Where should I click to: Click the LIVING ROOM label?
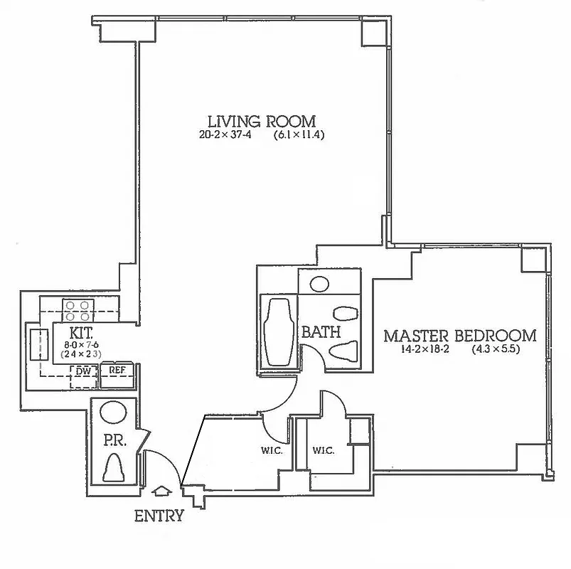tap(261, 121)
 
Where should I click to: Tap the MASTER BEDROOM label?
tap(460, 335)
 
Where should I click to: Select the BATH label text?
tap(321, 332)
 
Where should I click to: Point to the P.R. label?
tap(114, 441)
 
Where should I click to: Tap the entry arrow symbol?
tap(162, 491)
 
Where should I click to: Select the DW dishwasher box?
tap(83, 370)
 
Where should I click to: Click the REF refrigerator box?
tap(117, 370)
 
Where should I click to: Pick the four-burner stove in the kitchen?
tap(78, 309)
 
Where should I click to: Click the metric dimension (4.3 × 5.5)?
tap(496, 350)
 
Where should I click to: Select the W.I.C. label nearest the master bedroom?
tap(324, 450)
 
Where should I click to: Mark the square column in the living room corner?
tap(371, 32)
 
